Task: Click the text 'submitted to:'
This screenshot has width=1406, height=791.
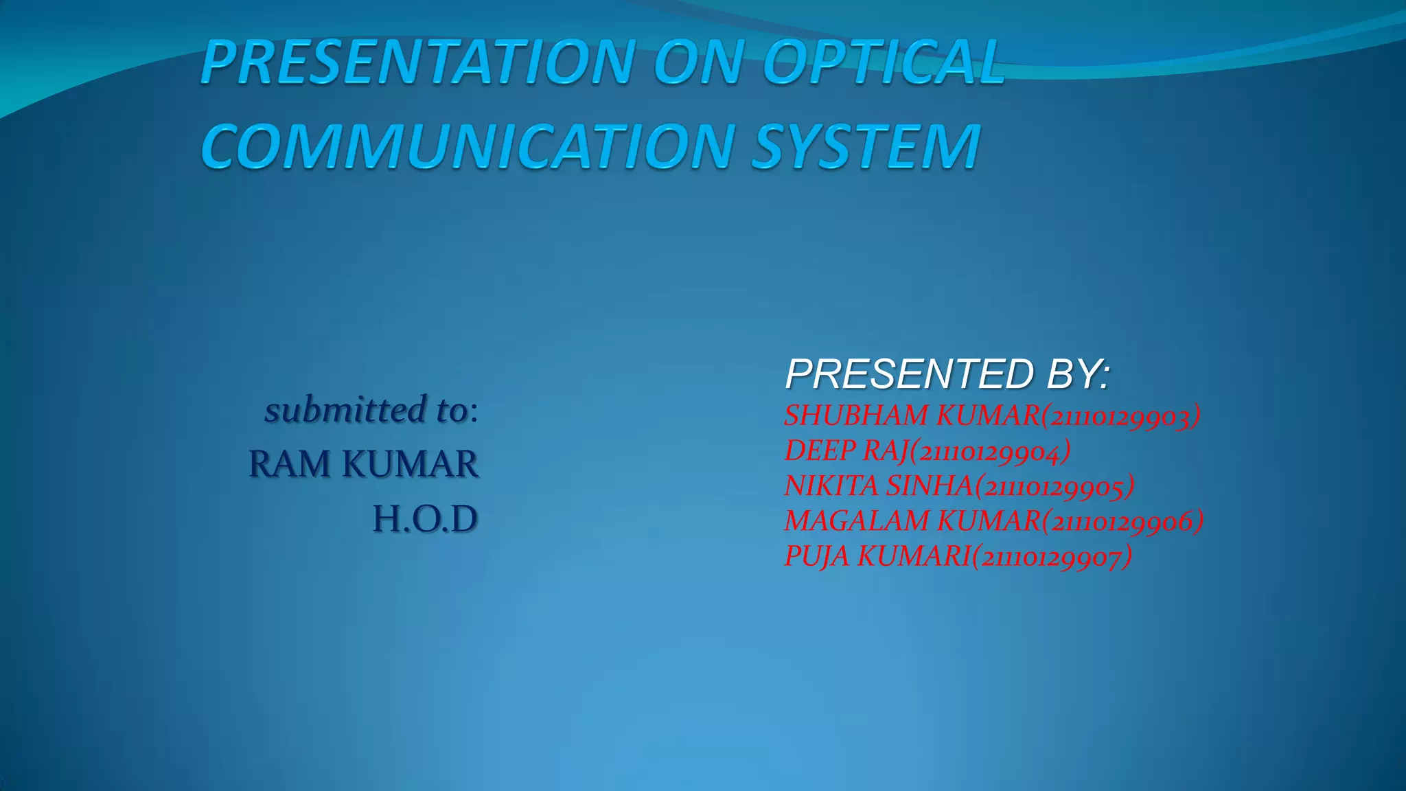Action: point(371,410)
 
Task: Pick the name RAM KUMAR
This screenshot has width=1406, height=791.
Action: point(363,464)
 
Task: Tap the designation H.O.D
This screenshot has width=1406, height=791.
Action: point(425,519)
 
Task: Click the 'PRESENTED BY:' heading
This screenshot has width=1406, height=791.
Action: point(947,374)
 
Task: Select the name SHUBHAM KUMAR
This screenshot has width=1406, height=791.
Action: point(912,415)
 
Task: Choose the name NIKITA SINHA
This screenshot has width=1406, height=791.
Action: point(879,486)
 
